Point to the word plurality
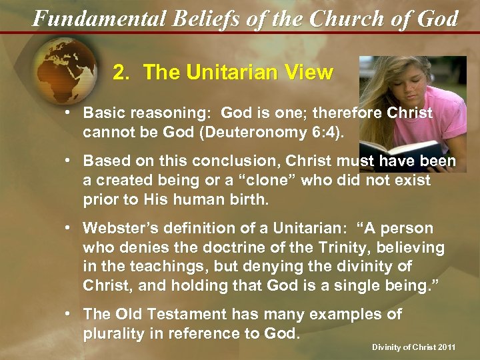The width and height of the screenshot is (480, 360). [113, 333]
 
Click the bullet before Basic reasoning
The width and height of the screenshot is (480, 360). [69, 114]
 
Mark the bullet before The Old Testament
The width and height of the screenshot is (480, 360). [69, 315]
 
